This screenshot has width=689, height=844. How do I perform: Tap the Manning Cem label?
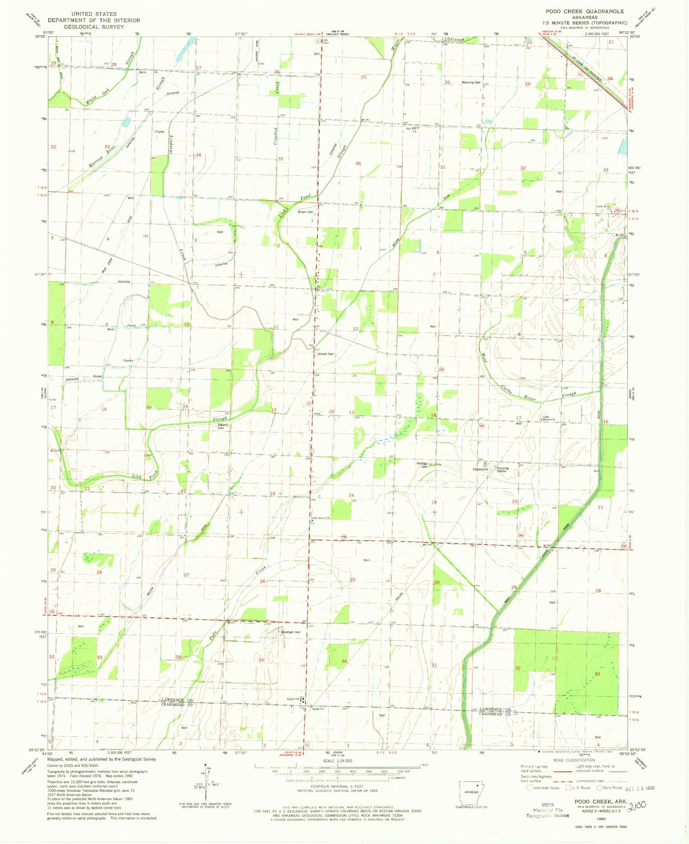(471, 82)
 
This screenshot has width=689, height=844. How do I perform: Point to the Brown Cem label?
(305, 212)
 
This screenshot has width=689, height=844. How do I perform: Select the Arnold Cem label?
(326, 354)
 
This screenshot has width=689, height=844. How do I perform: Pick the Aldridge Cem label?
(422, 465)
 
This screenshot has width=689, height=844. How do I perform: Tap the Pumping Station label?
(502, 469)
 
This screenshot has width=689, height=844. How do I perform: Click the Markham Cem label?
(291, 632)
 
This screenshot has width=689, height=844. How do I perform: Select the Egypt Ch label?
(318, 709)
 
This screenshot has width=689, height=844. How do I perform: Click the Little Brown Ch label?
(548, 418)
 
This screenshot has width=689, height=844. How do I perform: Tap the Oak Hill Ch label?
(411, 130)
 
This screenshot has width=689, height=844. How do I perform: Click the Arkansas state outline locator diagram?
(471, 792)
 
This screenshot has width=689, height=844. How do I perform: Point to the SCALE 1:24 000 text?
(337, 761)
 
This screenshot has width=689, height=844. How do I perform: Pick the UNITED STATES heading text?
(94, 14)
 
